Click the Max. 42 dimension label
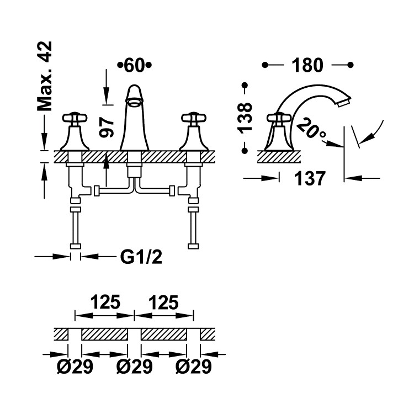(x=44, y=76)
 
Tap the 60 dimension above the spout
(x=134, y=65)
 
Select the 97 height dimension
(x=107, y=128)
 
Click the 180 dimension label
(x=307, y=65)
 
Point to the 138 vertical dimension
(x=245, y=118)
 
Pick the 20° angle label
(x=311, y=129)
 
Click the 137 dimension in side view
(x=310, y=178)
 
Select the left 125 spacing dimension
(x=105, y=302)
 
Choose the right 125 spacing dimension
(x=164, y=302)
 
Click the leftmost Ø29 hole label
(x=75, y=367)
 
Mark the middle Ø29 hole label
(x=134, y=367)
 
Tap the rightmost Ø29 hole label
(x=194, y=367)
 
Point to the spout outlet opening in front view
(x=134, y=102)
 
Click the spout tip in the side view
(x=344, y=102)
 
